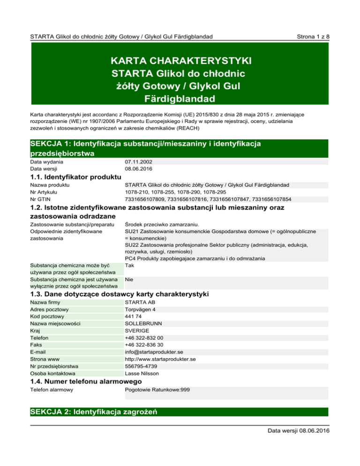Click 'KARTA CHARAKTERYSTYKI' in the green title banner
(x=180, y=61)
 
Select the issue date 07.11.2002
(x=138, y=162)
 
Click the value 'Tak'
(x=130, y=265)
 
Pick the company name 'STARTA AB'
(x=139, y=302)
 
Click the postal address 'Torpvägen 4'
(x=141, y=309)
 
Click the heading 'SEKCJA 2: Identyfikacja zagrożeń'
(x=93, y=413)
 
